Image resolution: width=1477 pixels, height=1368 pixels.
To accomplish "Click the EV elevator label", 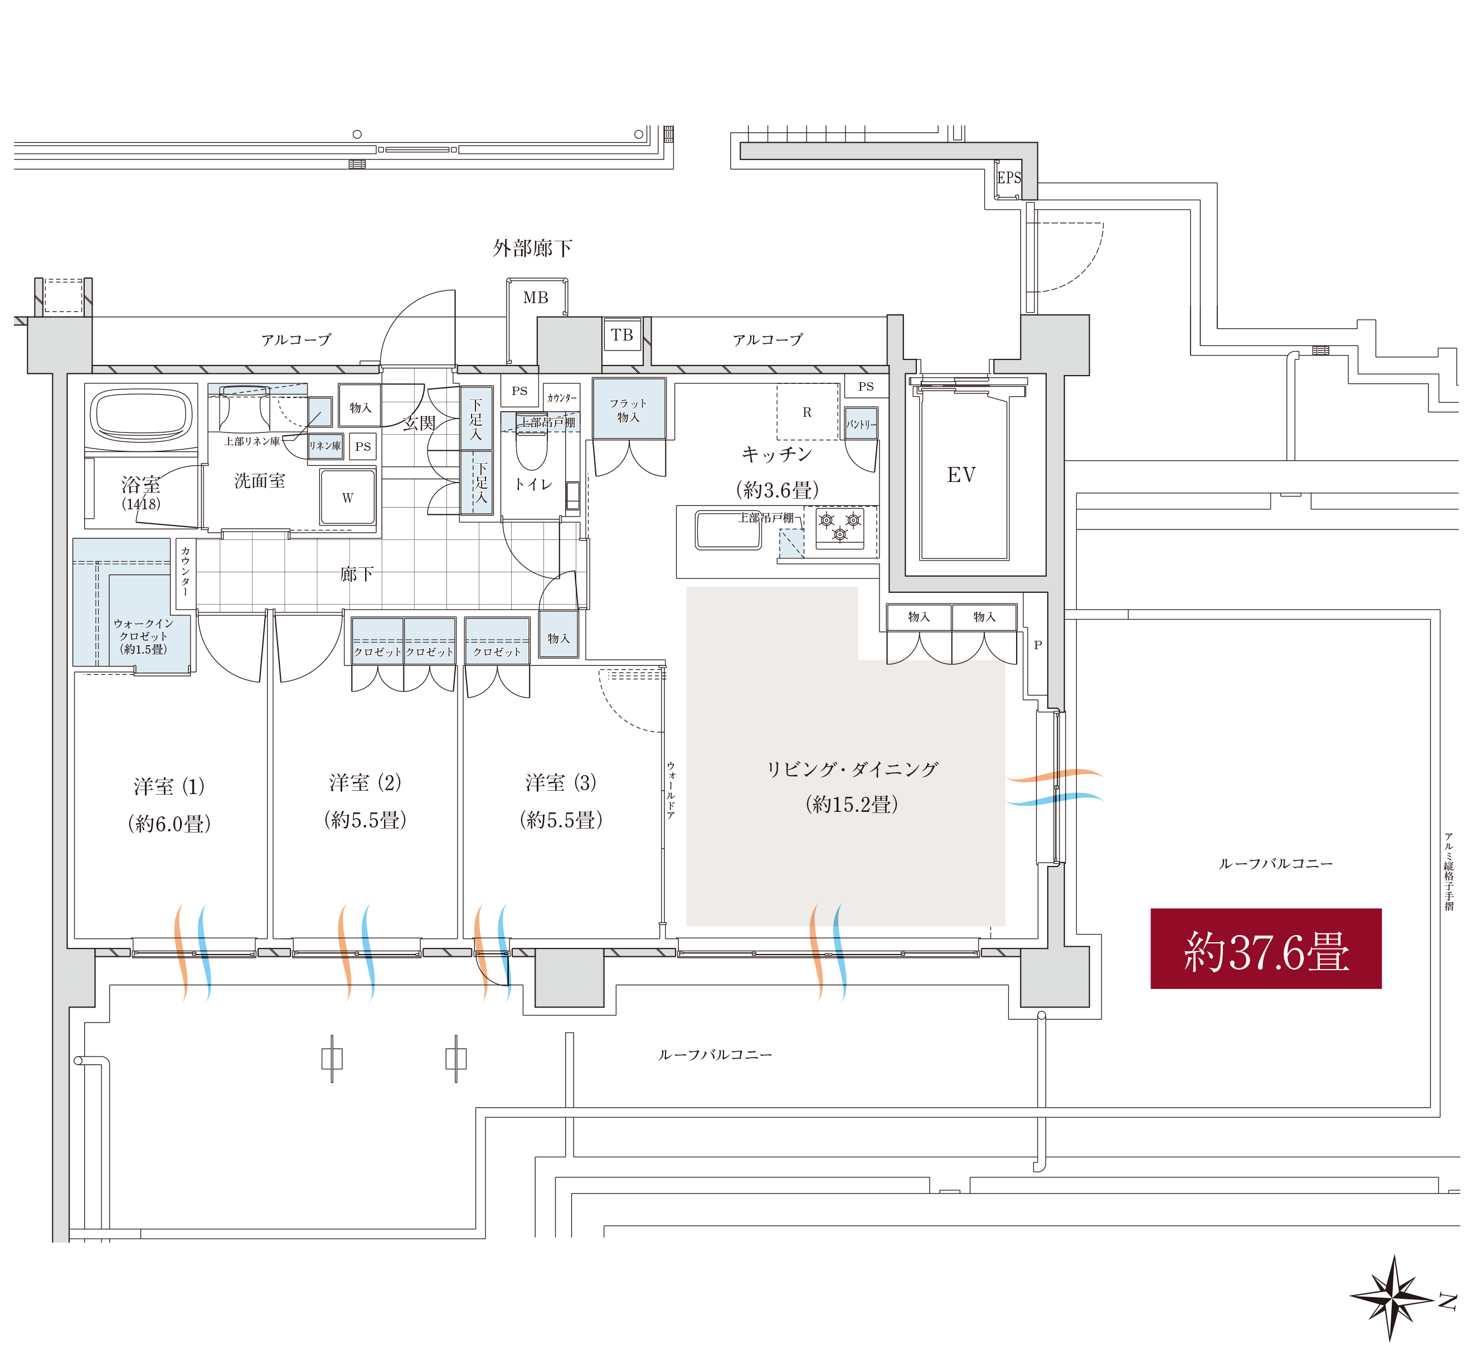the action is coord(961,475).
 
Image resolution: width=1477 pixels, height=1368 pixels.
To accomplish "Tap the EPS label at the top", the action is coord(1008,178).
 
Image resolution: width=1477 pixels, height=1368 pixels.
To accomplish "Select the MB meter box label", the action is coord(535,298).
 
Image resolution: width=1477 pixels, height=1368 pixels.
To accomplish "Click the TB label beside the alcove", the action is coord(622,335).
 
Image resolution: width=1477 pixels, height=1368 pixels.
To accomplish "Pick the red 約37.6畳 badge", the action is coord(1265,948).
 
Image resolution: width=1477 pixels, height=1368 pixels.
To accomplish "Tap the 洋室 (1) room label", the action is coord(169,786).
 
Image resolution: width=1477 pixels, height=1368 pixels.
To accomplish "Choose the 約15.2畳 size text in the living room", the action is coord(852,804).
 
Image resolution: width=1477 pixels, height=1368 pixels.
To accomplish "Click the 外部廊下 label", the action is coord(532,248).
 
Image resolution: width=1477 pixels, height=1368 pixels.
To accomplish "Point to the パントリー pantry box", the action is coord(861,423).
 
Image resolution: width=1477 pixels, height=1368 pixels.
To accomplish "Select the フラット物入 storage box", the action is coord(629,410).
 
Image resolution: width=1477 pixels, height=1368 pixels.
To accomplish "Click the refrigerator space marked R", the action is coord(807,412).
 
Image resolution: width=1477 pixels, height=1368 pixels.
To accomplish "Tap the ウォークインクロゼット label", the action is coord(144,636).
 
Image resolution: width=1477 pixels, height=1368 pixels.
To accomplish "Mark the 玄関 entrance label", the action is coord(419,423).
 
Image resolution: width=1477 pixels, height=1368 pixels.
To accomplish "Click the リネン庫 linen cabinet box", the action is coord(325,446).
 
